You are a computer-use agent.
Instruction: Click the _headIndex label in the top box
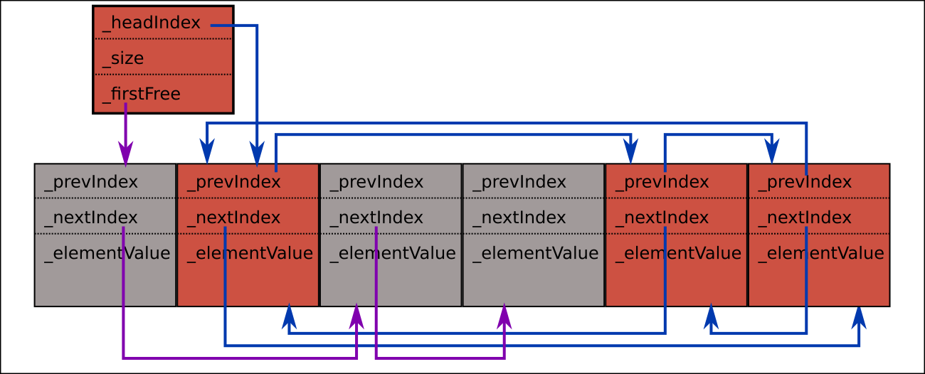pos(152,23)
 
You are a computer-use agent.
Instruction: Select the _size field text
pos(123,58)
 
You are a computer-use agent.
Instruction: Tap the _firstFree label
pos(142,94)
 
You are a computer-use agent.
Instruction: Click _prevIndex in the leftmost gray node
pos(91,182)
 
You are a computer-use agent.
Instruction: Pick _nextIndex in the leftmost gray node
pos(91,218)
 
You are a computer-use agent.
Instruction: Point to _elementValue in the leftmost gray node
pos(107,253)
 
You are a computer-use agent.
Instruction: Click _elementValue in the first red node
pos(250,253)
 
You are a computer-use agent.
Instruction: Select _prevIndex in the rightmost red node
pos(805,182)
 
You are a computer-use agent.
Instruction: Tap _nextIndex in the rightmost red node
pos(805,218)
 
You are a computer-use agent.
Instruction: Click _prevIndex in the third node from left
pos(377,182)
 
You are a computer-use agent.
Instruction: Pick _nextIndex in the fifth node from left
pos(662,218)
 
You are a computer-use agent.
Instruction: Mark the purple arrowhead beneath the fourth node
pos(504,316)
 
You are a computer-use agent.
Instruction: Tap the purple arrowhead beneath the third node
pos(356,316)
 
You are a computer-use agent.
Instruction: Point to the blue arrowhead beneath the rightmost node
pos(860,316)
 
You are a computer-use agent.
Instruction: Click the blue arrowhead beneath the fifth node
pos(711,316)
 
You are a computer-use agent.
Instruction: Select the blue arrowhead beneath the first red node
pos(289,316)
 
